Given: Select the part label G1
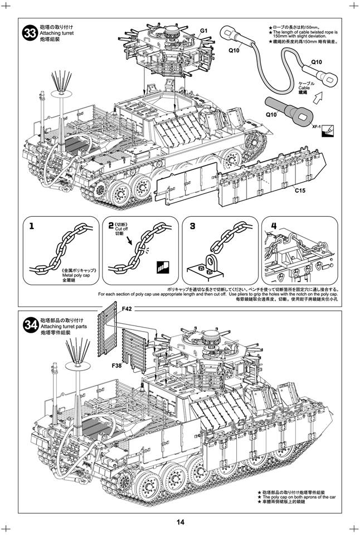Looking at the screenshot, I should pos(203,30).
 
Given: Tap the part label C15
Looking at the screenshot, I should pos(301,191).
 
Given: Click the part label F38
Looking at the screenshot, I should pos(116,366).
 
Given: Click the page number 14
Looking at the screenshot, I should pos(181,522).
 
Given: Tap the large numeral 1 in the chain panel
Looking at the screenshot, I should pos(32,226).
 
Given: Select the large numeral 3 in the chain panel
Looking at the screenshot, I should pos(192,226).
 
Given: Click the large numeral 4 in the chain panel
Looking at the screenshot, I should pos(274,226).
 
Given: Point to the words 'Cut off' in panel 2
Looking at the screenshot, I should pos(122,229).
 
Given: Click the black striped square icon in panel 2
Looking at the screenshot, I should pos(163,266).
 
